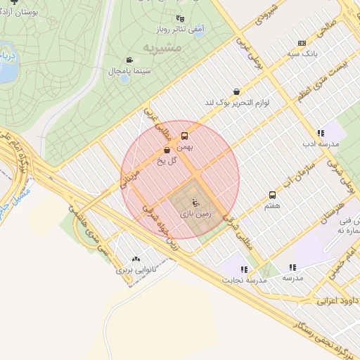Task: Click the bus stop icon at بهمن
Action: (x=185, y=136)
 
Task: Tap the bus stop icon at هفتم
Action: (x=271, y=195)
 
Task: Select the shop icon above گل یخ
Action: (x=167, y=149)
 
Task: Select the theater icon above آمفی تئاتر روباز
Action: (x=181, y=19)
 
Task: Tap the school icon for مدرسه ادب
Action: (x=320, y=132)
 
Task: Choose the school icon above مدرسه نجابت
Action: (x=243, y=269)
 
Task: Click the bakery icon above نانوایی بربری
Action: (x=135, y=259)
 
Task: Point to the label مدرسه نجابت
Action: (x=247, y=280)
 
